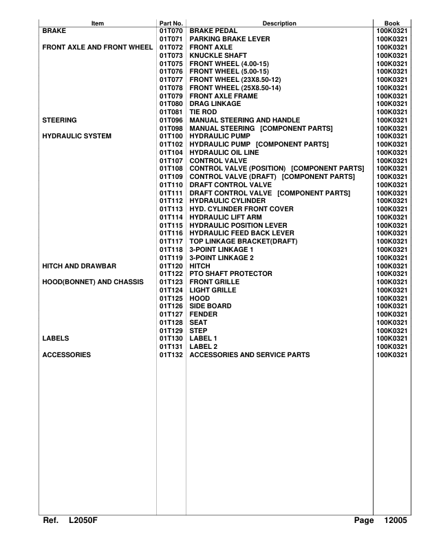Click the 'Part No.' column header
coord(171,23)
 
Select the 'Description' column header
coord(279,23)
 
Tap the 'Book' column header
coord(391,23)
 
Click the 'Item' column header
coord(98,23)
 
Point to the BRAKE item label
coord(54,32)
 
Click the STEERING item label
coord(59,120)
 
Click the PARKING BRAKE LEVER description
coord(230,39)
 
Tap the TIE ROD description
coord(204,112)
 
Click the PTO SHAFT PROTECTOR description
coord(230,273)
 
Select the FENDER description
coord(204,314)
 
